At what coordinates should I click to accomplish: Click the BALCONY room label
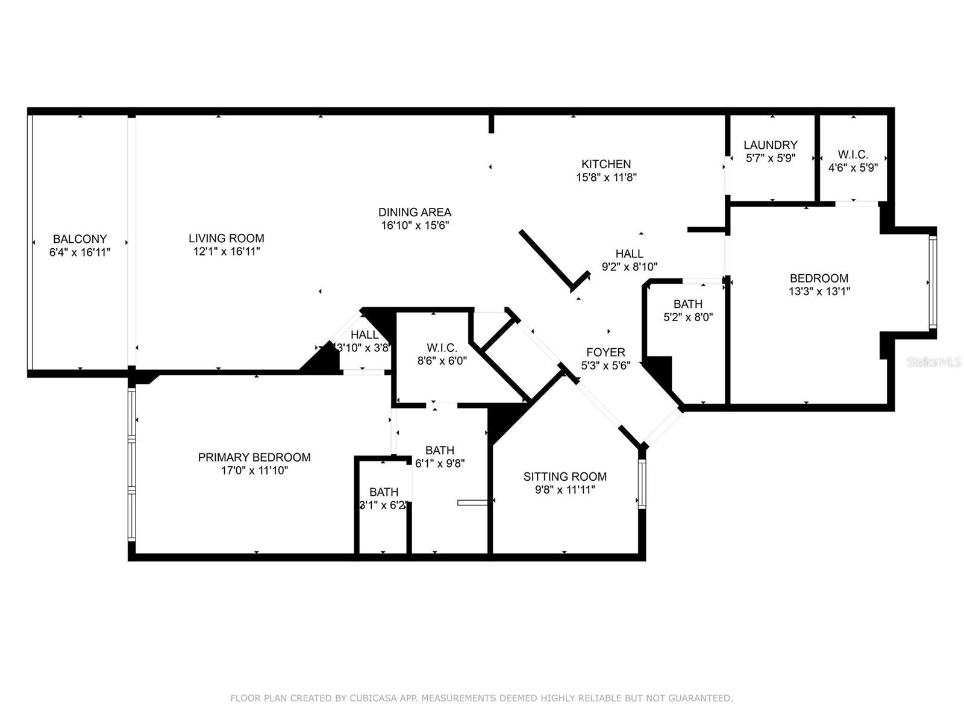coord(80,239)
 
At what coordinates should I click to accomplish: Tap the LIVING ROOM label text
coord(226,239)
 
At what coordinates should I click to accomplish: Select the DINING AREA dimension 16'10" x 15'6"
coord(415,225)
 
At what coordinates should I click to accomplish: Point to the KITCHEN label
coord(606,164)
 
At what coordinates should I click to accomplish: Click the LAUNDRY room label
coord(771,145)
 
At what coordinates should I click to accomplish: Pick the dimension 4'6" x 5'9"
coord(853,167)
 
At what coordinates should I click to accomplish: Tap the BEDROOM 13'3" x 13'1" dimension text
coord(819,291)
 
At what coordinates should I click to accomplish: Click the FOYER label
coord(606,352)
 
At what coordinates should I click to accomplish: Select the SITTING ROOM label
coord(565,477)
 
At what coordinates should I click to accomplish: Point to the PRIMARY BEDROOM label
coord(254,457)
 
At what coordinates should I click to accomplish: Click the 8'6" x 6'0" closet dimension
coord(442,361)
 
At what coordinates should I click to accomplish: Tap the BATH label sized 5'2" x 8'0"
coord(688,304)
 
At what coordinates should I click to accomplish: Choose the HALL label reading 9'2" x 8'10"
coord(630,253)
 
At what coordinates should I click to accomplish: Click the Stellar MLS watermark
coord(934,361)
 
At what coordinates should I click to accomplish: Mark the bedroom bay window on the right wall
coord(933,283)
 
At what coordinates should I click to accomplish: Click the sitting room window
coord(642,484)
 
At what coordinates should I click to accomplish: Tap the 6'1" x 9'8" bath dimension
coord(440,463)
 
